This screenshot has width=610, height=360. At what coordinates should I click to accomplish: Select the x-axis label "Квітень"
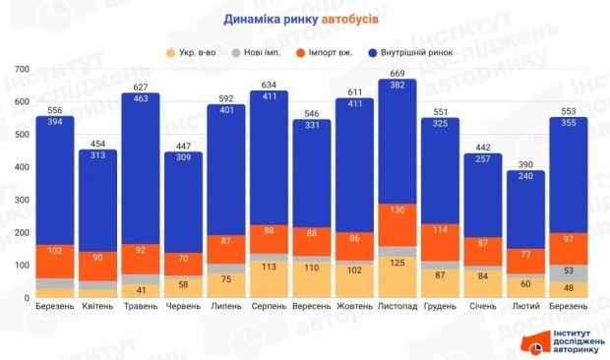pos(98,307)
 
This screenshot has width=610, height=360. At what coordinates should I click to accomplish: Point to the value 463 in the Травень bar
pos(142,99)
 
